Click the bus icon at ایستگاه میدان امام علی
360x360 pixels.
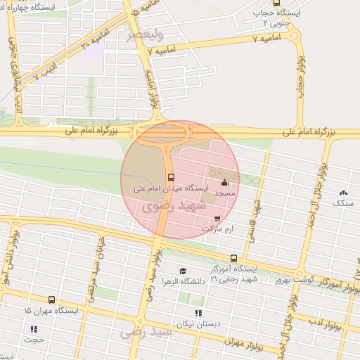coord(171,177)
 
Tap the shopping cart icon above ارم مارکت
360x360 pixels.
coord(217,219)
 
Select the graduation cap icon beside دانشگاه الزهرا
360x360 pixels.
coord(182,271)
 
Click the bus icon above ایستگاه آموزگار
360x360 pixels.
coord(234,259)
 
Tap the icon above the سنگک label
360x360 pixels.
coord(343,193)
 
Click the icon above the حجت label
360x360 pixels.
coord(33,328)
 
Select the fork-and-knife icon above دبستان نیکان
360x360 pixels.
coord(198,313)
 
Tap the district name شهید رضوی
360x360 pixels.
coord(173,206)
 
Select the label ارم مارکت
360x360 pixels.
coord(217,229)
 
